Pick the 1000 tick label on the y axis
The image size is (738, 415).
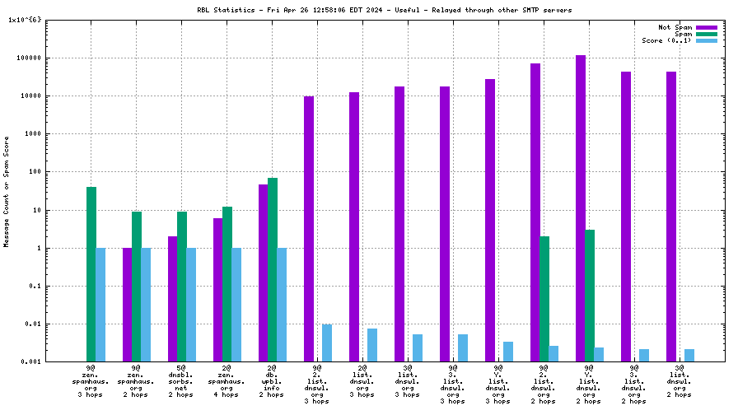(x=32, y=134)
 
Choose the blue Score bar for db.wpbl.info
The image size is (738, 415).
(x=282, y=305)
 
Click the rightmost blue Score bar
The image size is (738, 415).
(x=689, y=356)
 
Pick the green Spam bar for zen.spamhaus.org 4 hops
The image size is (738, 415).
(x=227, y=284)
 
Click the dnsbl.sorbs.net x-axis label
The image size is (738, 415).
(x=181, y=380)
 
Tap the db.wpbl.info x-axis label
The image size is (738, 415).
(x=272, y=380)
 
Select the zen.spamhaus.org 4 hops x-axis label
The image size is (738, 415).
(x=227, y=380)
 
